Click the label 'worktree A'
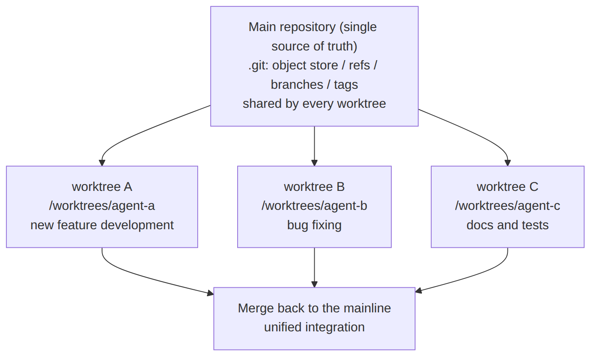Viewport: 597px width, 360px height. click(x=102, y=187)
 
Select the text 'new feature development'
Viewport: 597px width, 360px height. click(x=102, y=225)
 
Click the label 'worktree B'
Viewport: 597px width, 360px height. click(x=314, y=187)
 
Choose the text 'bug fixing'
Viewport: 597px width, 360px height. click(x=314, y=225)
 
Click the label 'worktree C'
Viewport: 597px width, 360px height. click(x=507, y=187)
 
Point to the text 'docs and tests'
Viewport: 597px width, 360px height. click(x=507, y=225)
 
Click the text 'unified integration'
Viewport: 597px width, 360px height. click(x=314, y=327)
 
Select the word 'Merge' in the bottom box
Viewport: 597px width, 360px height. click(x=256, y=308)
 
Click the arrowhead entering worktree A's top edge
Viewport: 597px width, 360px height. click(x=102, y=163)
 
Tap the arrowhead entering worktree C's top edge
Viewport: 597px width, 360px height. click(x=507, y=163)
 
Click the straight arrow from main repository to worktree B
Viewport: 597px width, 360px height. click(x=315, y=146)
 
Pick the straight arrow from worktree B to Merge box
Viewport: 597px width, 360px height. click(x=315, y=268)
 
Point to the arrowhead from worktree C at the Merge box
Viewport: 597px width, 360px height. click(x=418, y=291)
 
